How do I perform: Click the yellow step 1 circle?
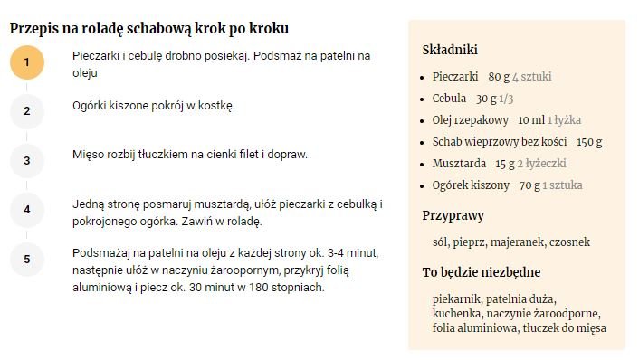27,62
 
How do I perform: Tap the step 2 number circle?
27,111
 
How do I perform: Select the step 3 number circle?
27,161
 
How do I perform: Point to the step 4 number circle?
27,210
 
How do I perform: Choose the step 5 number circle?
27,259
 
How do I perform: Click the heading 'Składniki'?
450,50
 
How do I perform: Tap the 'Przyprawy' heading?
453,215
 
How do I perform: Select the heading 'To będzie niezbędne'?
482,272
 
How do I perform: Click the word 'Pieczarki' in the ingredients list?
455,77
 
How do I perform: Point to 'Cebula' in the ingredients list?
449,99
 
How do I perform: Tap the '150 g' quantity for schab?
589,142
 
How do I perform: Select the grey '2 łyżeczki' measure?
542,164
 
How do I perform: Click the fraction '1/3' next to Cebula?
506,99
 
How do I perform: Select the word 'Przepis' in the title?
34,29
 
